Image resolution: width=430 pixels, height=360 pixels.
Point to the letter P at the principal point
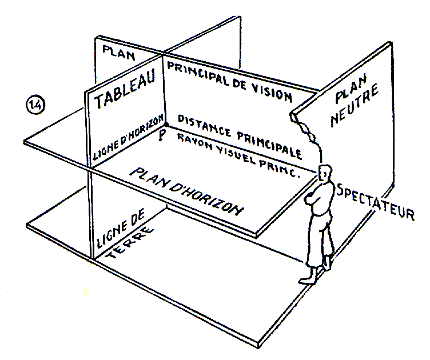pyautogui.click(x=163, y=135)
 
